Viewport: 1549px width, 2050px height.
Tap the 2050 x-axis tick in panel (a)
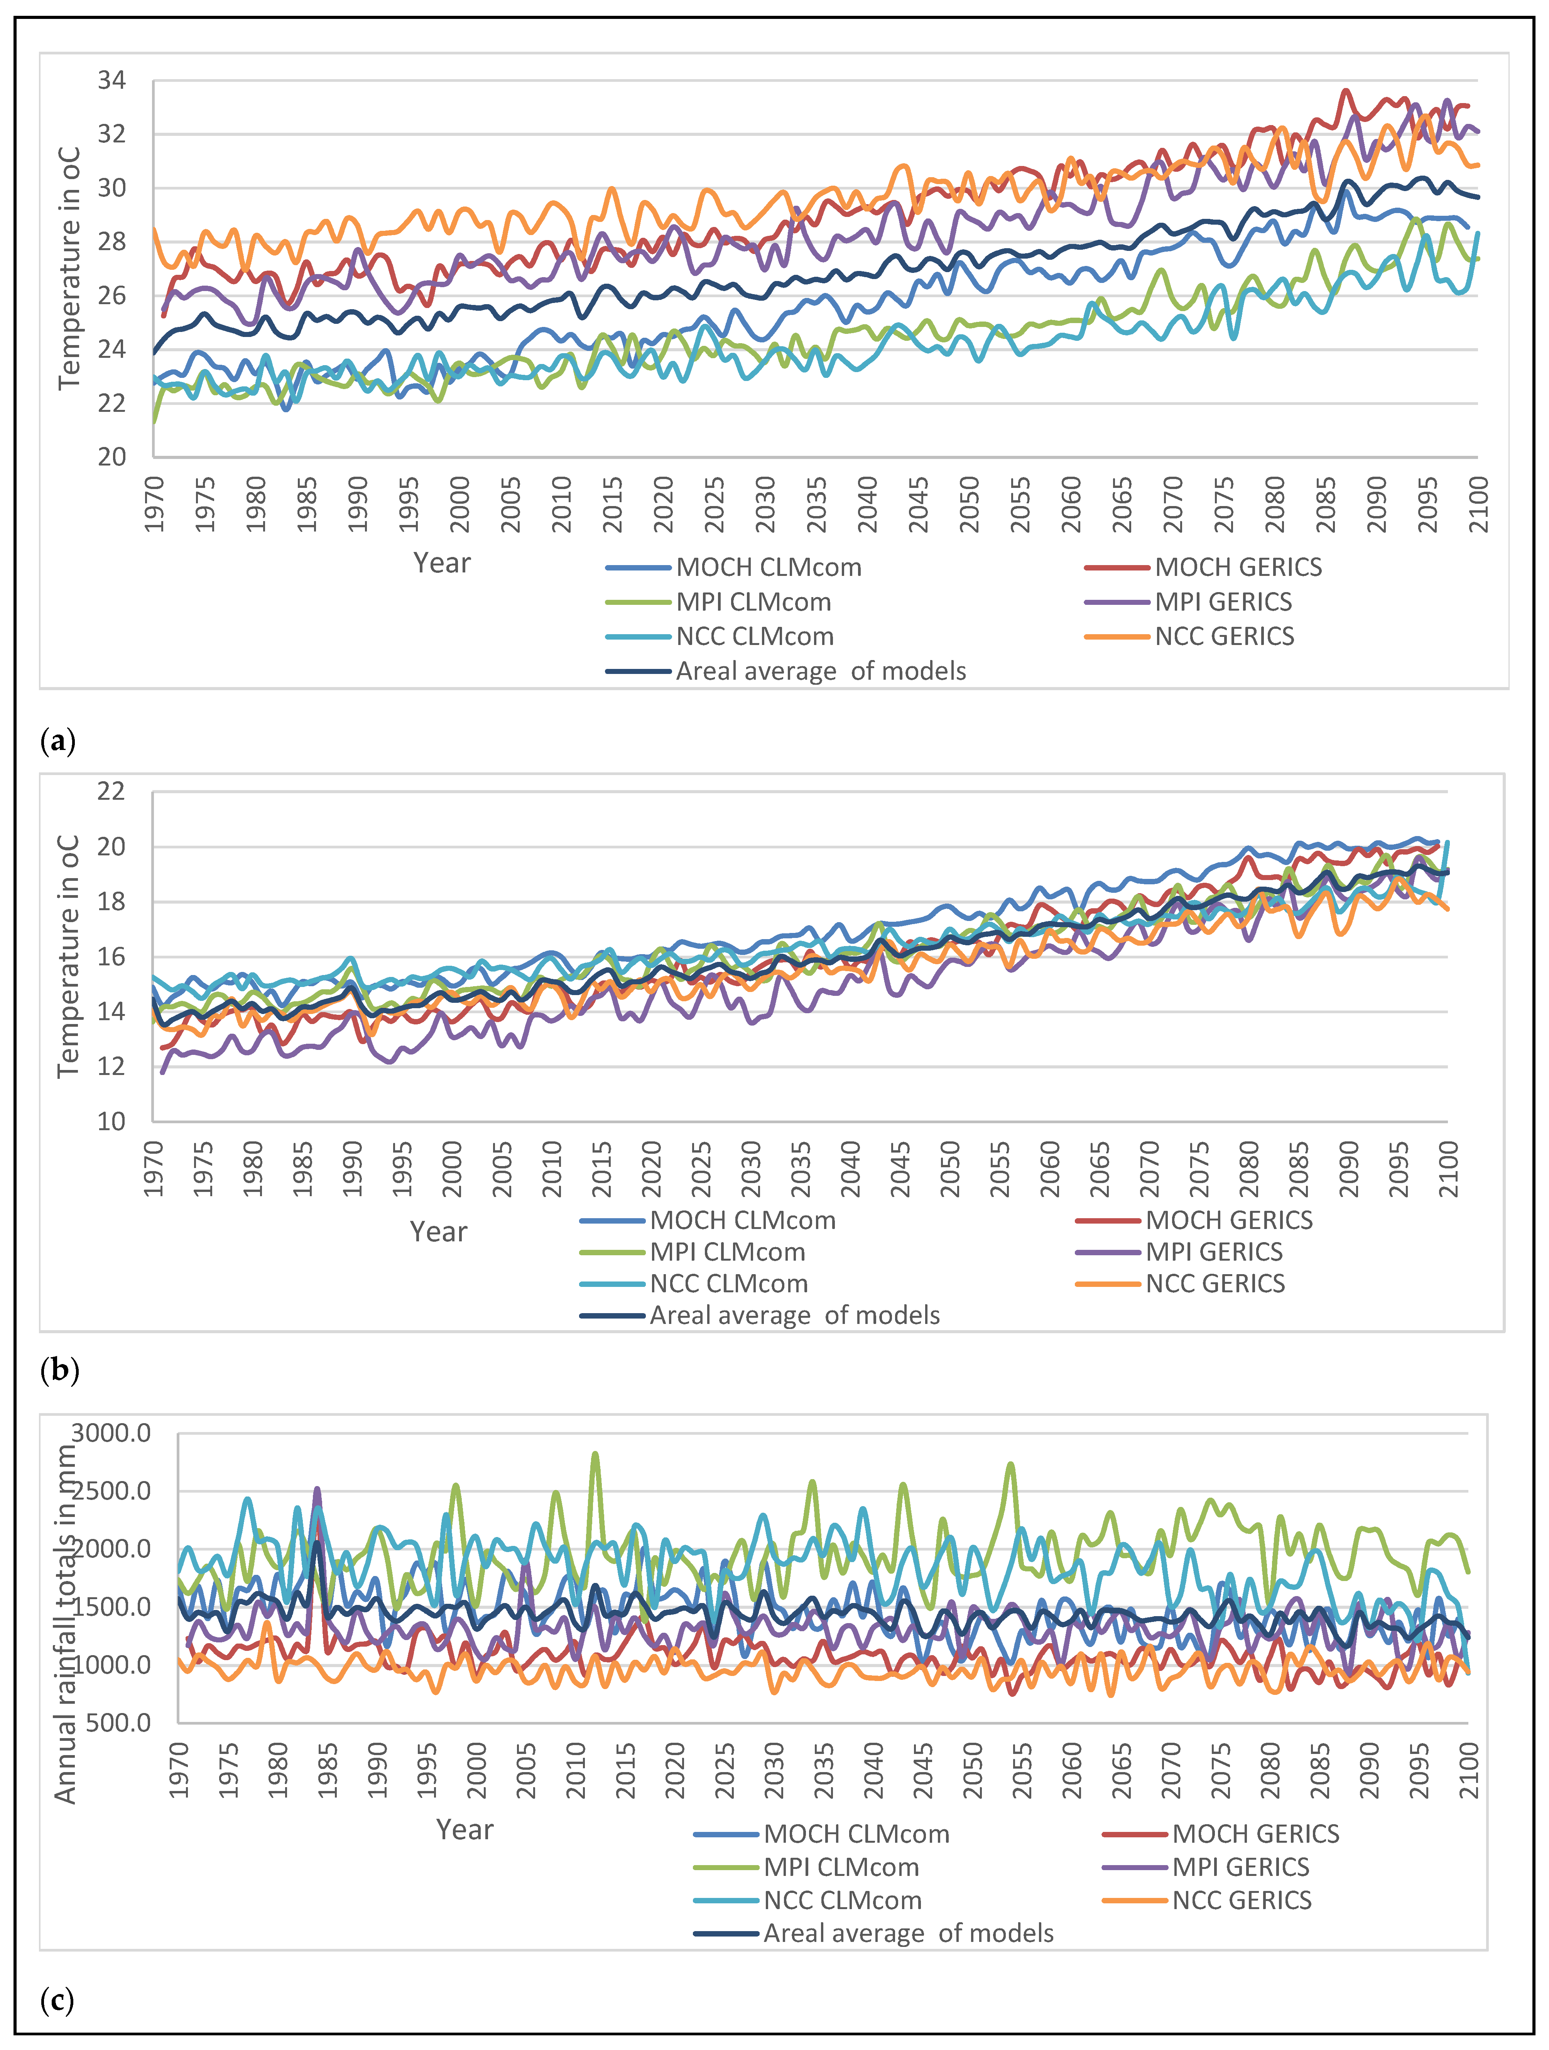coord(969,505)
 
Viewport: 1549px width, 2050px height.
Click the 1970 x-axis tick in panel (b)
coord(154,1170)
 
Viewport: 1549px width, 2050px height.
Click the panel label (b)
coord(59,1370)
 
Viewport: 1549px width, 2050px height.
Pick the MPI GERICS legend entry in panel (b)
coord(1214,1252)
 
